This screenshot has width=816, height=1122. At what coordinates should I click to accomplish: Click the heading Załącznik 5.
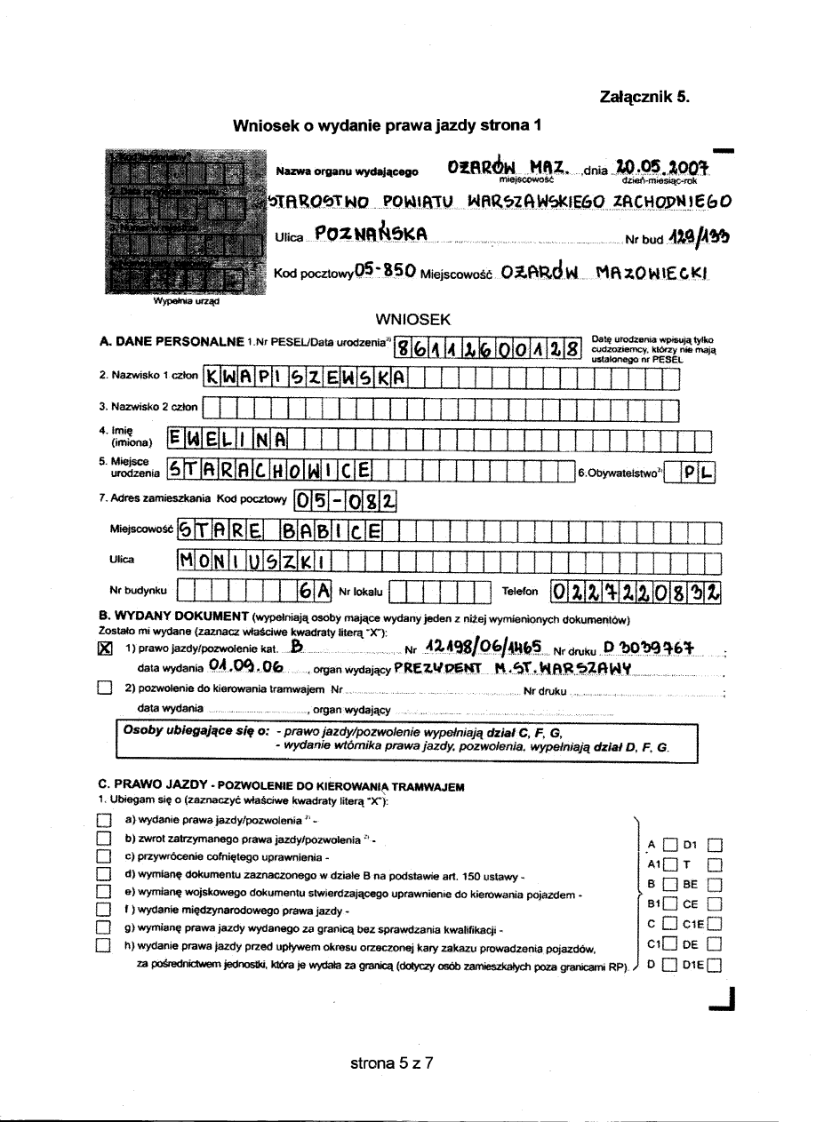[644, 98]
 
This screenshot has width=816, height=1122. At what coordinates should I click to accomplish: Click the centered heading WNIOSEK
[414, 319]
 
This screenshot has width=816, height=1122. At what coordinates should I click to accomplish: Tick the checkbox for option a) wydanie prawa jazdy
[105, 820]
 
